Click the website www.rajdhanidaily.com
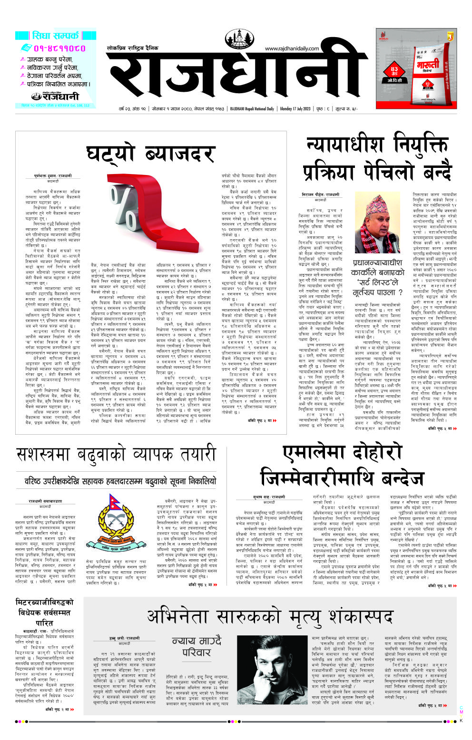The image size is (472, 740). pos(292,49)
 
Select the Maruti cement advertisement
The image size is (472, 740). pos(416,68)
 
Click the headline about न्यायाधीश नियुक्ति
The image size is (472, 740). pos(376,157)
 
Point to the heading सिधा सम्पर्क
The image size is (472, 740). pos(55,35)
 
